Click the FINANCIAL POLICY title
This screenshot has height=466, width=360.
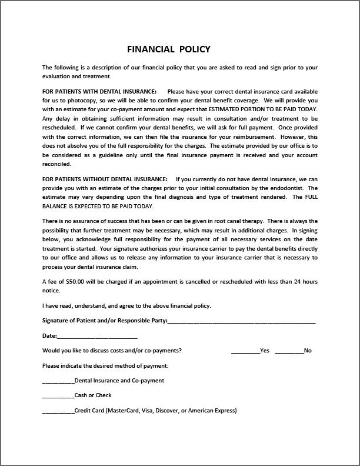pyautogui.click(x=169, y=49)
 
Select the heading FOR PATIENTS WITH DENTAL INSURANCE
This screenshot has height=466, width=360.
pyautogui.click(x=99, y=92)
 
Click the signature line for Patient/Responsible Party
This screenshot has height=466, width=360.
pyautogui.click(x=241, y=321)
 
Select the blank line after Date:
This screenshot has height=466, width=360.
pyautogui.click(x=97, y=337)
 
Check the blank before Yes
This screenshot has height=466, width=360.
pyautogui.click(x=245, y=351)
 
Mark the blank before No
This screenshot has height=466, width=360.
pyautogui.click(x=289, y=351)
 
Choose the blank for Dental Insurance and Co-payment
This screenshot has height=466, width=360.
pyautogui.click(x=58, y=381)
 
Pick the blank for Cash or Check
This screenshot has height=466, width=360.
pyautogui.click(x=58, y=396)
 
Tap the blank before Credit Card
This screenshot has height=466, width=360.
pyautogui.click(x=58, y=411)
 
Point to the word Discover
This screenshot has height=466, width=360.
pyautogui.click(x=169, y=411)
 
